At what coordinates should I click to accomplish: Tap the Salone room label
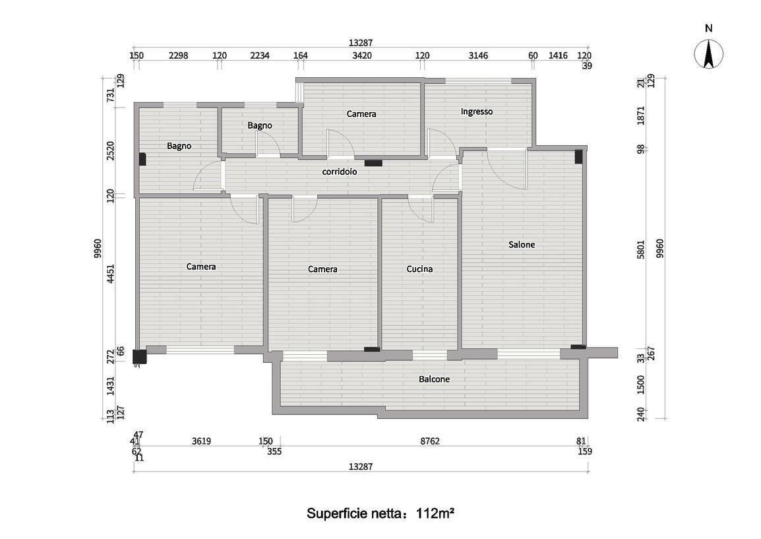[522, 245]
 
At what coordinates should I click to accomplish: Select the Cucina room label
[420, 269]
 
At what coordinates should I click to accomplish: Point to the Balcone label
[435, 379]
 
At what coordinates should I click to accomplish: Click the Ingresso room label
[477, 111]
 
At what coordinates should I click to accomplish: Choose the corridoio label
[340, 172]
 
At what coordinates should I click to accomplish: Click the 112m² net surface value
[435, 513]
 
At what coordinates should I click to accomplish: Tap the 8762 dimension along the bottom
[430, 441]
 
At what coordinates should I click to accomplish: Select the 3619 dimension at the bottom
[201, 441]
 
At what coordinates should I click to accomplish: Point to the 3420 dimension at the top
[362, 55]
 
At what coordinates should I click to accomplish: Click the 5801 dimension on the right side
[641, 249]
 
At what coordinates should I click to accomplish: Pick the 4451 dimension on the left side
[111, 274]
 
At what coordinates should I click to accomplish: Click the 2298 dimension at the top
[179, 55]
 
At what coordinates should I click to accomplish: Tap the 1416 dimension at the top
[558, 55]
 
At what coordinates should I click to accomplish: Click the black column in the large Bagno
[142, 159]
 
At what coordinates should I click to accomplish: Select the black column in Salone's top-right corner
[578, 157]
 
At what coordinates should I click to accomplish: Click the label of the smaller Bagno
[260, 126]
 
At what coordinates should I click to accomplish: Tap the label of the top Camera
[361, 114]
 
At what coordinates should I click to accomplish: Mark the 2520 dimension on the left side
[111, 151]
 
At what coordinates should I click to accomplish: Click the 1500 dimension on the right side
[641, 385]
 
